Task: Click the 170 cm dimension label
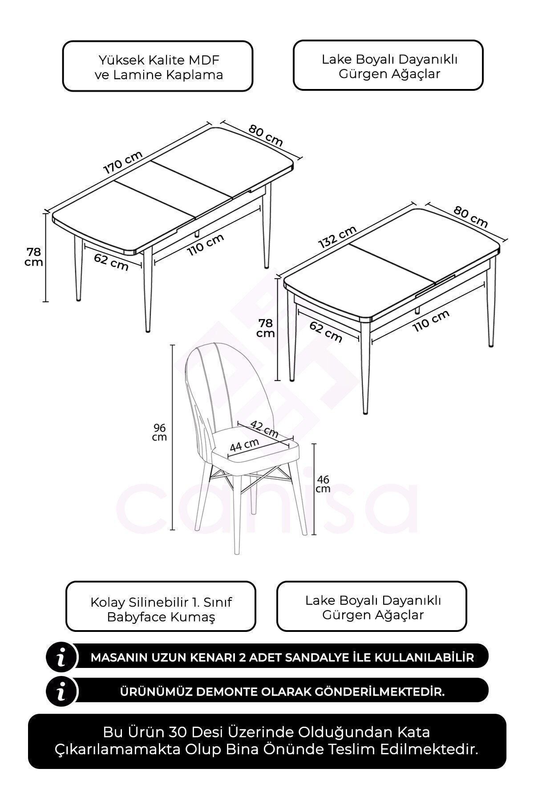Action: [x=123, y=162]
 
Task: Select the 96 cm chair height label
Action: [x=160, y=432]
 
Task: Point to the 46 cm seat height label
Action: [x=323, y=484]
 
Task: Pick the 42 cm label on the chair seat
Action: [x=264, y=429]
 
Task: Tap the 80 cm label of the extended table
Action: [x=266, y=135]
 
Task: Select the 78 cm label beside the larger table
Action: [x=34, y=257]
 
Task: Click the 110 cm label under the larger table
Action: [x=205, y=245]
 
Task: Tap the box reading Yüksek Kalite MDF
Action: [x=158, y=66]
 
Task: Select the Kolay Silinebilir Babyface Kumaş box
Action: [x=161, y=606]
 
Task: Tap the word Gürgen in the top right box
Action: [x=358, y=74]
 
